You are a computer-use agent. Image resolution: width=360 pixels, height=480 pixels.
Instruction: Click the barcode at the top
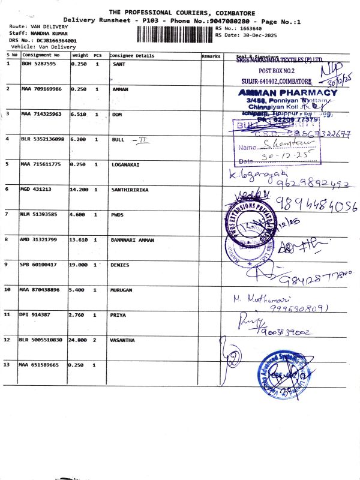point(175,34)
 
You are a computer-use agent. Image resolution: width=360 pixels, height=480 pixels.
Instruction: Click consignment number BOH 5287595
point(38,64)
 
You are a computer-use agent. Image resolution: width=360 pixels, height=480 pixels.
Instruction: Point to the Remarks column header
point(211,56)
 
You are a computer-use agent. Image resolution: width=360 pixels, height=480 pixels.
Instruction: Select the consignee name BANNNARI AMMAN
point(133,239)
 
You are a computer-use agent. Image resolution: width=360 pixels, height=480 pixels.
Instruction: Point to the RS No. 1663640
point(239,28)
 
